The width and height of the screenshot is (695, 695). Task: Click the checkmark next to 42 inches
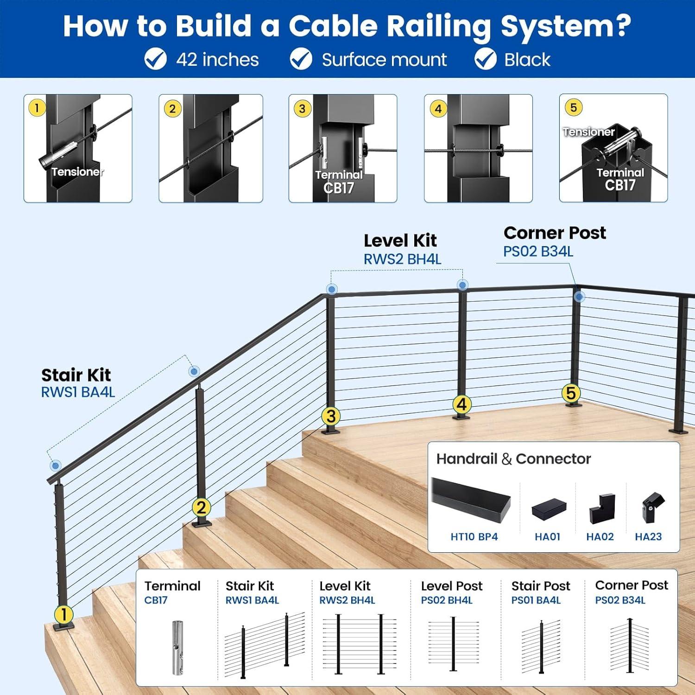(x=155, y=59)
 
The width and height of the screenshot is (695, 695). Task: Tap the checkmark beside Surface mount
(x=301, y=59)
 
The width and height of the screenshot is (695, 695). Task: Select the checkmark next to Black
(x=485, y=59)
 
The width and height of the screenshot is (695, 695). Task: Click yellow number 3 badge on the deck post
(x=331, y=416)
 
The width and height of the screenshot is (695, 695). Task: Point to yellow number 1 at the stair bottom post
(x=63, y=615)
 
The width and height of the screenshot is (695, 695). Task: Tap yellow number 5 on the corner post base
(x=571, y=393)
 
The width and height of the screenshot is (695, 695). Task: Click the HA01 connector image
(x=549, y=509)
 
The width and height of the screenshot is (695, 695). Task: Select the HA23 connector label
(x=648, y=537)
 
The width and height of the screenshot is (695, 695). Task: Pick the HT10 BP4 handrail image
(x=471, y=499)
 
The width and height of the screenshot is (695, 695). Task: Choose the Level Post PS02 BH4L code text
(x=446, y=600)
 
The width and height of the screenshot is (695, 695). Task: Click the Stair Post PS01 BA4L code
(x=536, y=600)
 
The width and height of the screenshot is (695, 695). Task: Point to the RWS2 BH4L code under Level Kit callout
(x=402, y=259)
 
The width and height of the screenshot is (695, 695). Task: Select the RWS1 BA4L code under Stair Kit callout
(x=78, y=392)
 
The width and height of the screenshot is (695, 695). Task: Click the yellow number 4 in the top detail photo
(x=438, y=109)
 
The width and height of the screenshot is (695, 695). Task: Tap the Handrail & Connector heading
(x=513, y=459)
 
